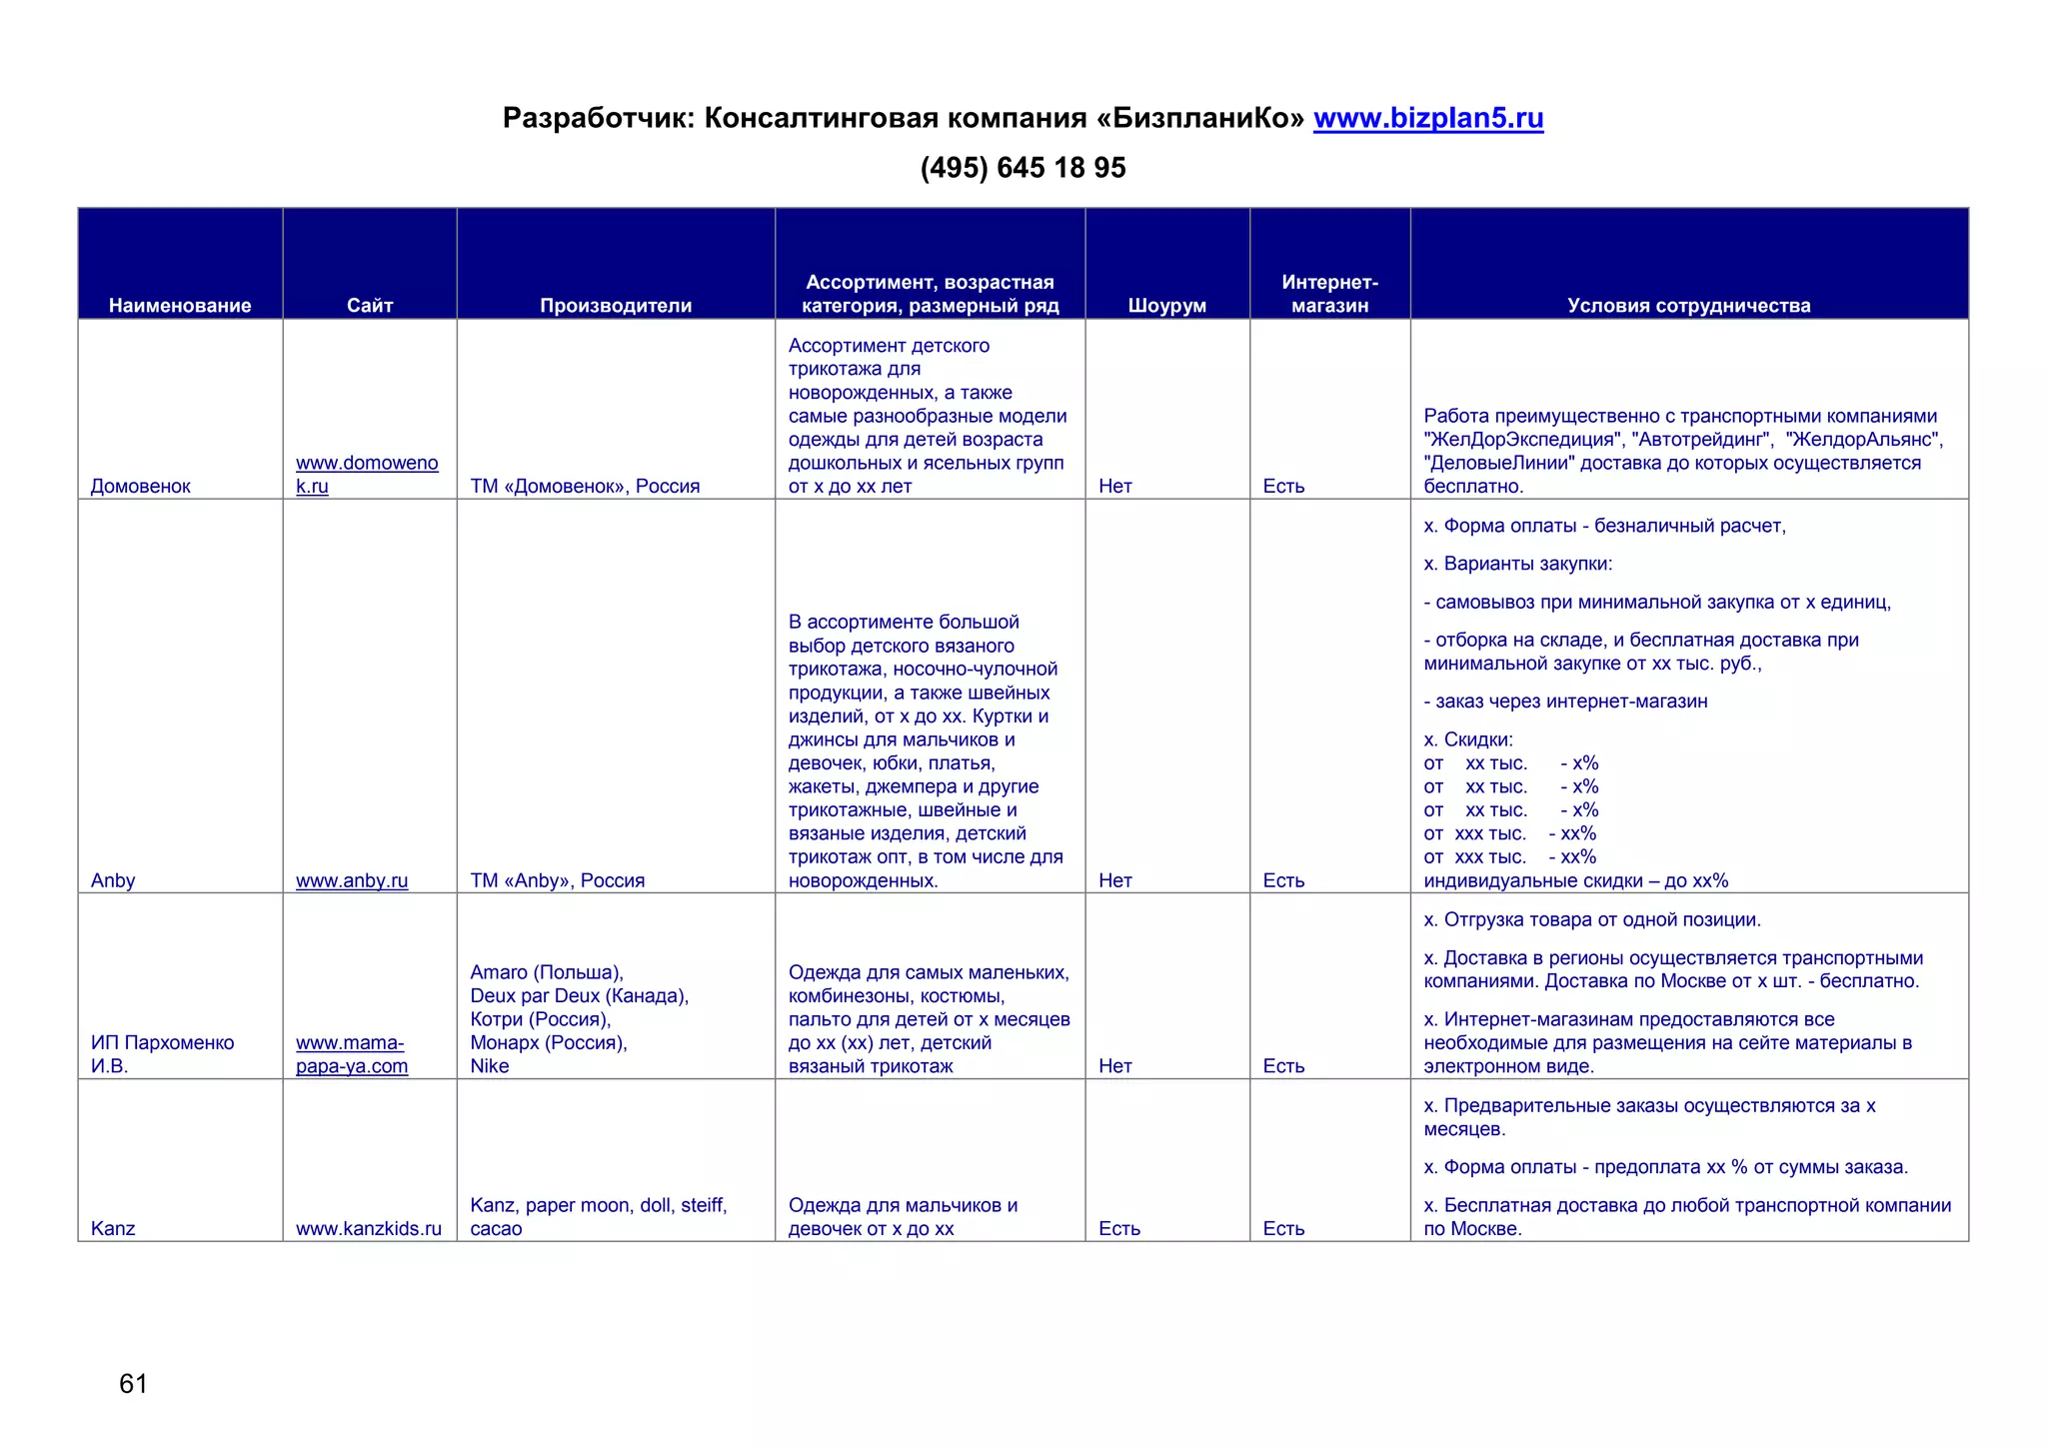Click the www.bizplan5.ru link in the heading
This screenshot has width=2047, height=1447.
tap(1427, 119)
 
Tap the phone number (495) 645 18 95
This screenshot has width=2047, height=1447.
tap(1023, 168)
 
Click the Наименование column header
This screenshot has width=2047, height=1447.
tap(180, 306)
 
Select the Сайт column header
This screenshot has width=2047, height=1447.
tap(370, 306)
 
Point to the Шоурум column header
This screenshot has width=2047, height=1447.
tap(1166, 306)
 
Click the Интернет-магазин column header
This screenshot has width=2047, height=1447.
tap(1329, 294)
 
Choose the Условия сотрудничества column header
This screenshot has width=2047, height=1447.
tap(1688, 306)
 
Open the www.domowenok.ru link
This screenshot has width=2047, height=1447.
tap(367, 475)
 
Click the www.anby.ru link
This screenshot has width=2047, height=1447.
tap(352, 881)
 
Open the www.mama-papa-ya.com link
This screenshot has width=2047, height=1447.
tap(351, 1055)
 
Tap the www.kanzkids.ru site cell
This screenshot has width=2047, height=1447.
tap(368, 1229)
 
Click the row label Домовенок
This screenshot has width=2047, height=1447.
tap(140, 487)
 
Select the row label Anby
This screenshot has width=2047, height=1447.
tap(113, 881)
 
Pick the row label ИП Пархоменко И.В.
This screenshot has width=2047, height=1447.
tap(162, 1054)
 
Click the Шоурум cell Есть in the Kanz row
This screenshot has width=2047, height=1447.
tap(1118, 1229)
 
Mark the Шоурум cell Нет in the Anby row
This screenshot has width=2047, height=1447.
tap(1114, 881)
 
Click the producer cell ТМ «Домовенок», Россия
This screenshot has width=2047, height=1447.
tap(585, 487)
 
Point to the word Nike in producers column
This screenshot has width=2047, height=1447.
tap(490, 1066)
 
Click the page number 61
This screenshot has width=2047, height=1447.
tap(133, 1384)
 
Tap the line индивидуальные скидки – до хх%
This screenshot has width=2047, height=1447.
tap(1575, 881)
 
